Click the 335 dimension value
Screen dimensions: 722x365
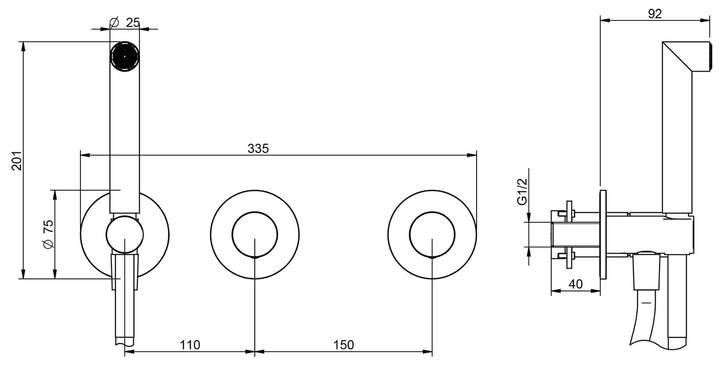258,148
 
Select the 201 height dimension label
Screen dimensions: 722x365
16,160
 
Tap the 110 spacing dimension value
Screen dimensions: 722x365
190,345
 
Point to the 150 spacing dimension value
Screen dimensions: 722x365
343,345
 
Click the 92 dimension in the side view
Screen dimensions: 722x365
655,14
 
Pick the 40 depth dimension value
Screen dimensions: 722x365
575,284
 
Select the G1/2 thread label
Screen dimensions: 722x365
522,191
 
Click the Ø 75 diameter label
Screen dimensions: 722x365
48,234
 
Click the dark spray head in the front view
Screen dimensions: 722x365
125,56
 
